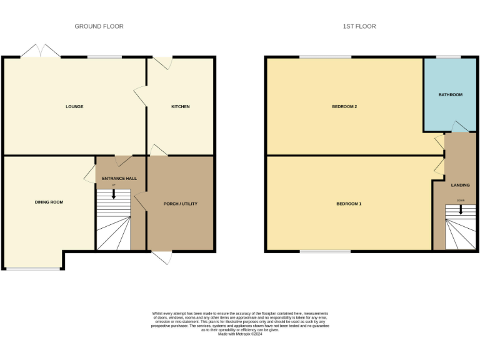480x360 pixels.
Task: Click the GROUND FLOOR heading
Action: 99,26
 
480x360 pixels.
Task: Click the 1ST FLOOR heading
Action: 359,26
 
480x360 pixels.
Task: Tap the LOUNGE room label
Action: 74,106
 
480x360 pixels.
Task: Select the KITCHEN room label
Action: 181,106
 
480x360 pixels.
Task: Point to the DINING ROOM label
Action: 49,202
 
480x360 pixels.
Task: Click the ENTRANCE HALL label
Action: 119,178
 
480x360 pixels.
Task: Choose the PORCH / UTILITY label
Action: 181,204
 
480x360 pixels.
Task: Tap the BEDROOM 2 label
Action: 344,106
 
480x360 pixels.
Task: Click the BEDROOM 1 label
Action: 349,204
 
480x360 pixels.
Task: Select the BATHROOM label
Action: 450,94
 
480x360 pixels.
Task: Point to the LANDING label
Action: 461,185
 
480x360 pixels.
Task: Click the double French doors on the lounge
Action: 41,51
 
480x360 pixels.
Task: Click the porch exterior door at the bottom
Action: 162,257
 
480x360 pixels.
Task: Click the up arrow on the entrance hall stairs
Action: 114,194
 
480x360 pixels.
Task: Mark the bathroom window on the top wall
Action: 448,57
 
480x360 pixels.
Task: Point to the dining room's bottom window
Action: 34,269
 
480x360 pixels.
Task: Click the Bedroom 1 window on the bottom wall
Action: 324,251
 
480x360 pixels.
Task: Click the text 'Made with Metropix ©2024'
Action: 240,334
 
